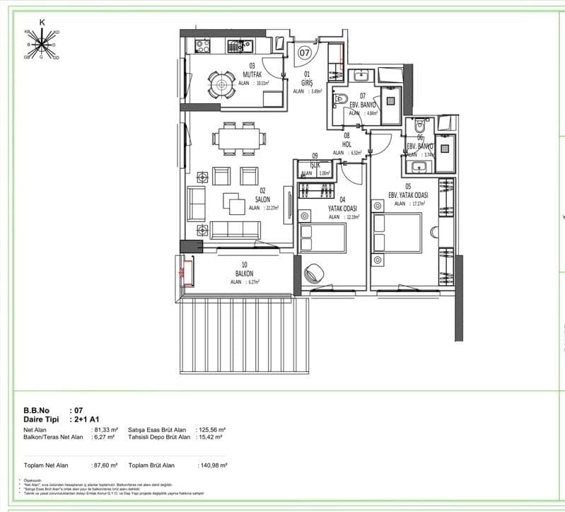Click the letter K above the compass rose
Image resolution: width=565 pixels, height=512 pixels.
(x=42, y=23)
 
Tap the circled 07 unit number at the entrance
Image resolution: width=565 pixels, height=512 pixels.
(x=304, y=52)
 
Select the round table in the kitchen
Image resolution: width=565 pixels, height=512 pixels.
(x=222, y=86)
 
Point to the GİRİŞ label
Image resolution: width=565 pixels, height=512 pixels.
(x=308, y=82)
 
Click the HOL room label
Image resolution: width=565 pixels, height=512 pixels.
(x=347, y=144)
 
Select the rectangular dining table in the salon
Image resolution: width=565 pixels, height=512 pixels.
(x=238, y=138)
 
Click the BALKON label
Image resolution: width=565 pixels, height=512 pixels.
(x=245, y=273)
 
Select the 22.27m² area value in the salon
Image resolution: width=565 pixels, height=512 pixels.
(x=272, y=209)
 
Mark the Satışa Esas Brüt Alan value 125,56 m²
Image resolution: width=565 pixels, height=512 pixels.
(x=212, y=430)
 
